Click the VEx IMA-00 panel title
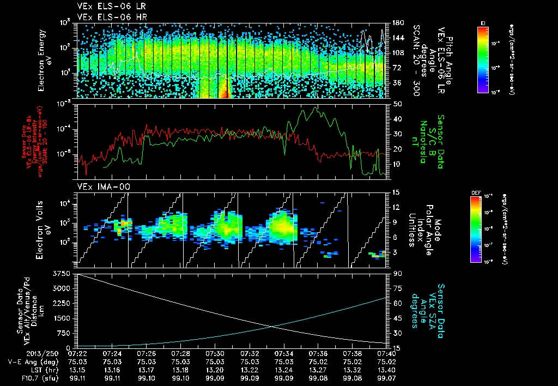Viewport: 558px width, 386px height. pos(99,188)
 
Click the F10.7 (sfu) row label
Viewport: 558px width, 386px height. pos(30,378)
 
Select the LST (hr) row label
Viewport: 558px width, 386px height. pos(34,370)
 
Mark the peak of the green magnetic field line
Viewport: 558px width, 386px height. pos(314,107)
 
